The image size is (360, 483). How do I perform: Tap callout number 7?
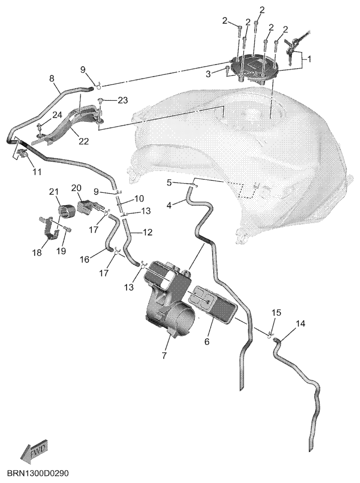coord(164,355)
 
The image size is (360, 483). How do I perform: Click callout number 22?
coord(84,141)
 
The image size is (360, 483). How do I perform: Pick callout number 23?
coord(122,100)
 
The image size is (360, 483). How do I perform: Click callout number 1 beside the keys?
coord(309,58)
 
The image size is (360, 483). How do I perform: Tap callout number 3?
coord(209,74)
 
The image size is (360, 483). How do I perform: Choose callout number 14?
coord(301,323)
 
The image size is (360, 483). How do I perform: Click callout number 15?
coord(276,313)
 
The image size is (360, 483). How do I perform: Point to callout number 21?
coord(54,192)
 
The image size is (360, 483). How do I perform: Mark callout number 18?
coord(37,253)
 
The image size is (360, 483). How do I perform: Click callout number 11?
coord(37,172)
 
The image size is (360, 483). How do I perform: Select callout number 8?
coord(52,78)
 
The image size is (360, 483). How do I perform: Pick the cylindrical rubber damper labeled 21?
coord(67,211)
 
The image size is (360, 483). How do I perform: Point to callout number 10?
coord(139,199)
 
